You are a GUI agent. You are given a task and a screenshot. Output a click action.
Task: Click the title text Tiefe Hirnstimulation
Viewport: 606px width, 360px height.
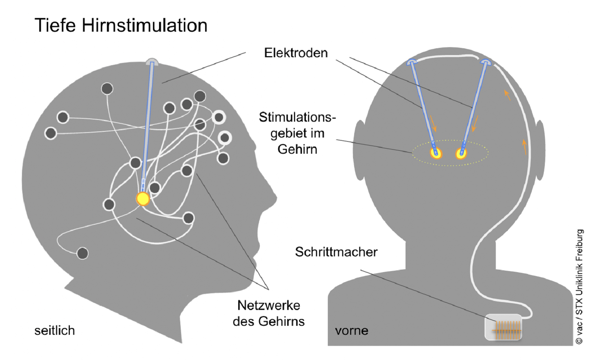pos(121,26)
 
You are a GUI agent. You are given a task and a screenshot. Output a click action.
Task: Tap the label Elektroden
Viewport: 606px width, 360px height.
pos(296,53)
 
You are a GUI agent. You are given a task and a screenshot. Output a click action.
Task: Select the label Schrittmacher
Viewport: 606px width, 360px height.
pos(336,252)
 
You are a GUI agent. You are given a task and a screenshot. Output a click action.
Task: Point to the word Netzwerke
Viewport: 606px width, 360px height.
pos(268,306)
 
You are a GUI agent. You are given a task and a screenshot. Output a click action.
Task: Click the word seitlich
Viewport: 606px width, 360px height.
pos(54,330)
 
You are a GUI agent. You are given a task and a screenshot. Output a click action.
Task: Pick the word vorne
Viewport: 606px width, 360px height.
pos(352,330)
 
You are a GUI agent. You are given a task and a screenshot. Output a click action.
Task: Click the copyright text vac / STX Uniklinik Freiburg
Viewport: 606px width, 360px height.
pos(579,287)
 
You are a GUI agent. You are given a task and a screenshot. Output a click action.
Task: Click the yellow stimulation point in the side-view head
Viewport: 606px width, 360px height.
pos(143,199)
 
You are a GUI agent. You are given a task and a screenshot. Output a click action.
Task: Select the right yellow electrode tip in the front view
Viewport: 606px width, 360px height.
pos(461,153)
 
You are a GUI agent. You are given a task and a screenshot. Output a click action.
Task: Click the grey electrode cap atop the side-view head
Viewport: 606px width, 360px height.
pos(152,62)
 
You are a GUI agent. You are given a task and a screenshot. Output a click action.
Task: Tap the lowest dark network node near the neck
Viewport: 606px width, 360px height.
pos(83,253)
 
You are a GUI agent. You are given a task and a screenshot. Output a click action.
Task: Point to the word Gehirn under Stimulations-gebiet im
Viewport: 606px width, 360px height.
pos(297,149)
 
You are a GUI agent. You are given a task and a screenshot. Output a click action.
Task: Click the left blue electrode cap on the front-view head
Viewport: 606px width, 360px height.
pos(412,62)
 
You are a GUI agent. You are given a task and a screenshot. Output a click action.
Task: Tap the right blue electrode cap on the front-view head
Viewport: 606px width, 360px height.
pos(486,62)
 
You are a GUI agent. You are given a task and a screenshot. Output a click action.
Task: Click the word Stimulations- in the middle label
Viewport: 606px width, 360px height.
pos(297,117)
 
